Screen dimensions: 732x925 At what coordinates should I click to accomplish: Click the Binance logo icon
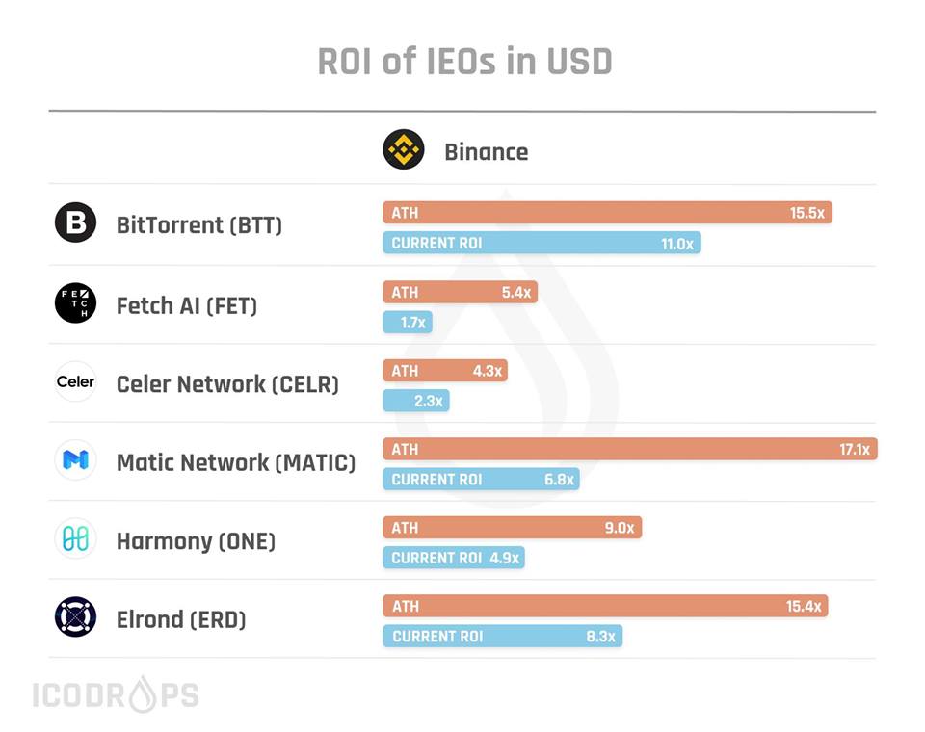pos(403,150)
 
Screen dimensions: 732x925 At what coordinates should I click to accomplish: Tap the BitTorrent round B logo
pos(75,223)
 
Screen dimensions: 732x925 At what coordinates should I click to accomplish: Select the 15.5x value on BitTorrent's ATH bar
pos(806,213)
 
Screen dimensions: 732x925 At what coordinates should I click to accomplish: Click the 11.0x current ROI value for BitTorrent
pos(677,244)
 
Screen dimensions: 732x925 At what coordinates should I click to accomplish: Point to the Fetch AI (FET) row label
pos(187,305)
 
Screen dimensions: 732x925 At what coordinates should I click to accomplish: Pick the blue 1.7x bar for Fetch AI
pos(408,323)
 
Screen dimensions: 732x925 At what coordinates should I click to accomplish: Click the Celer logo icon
pos(75,381)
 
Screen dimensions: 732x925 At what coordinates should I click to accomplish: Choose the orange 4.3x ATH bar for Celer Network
pos(444,371)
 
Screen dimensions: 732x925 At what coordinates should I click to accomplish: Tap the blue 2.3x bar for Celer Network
pos(416,401)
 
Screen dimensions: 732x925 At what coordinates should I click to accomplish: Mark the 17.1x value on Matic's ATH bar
pos(855,450)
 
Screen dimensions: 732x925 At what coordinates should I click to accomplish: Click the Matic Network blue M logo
pos(75,460)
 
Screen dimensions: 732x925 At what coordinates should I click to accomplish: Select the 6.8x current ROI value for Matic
pos(559,480)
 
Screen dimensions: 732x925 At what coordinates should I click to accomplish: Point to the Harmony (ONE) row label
pos(196,541)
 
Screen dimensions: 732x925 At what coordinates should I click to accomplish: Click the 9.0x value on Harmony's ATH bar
pos(619,528)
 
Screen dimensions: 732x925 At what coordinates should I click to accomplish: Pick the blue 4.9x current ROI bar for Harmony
pos(454,558)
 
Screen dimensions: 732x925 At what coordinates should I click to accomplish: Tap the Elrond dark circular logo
pos(75,617)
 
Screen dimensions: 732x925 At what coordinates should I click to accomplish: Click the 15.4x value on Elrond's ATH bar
pos(804,607)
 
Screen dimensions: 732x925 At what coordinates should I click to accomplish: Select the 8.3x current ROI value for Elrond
pos(600,637)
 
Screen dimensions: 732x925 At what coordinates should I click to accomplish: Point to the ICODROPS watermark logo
pos(116,695)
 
